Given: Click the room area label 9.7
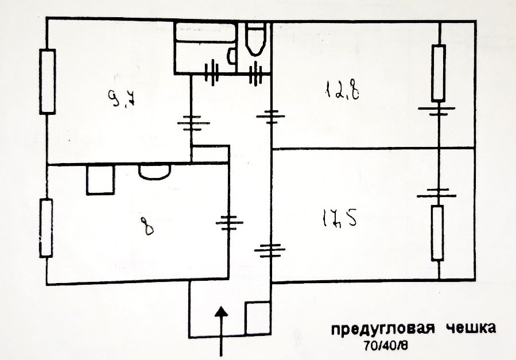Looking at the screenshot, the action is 122,98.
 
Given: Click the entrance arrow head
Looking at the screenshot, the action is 222,312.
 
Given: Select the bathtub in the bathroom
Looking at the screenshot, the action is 205,32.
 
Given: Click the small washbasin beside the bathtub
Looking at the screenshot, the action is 232,56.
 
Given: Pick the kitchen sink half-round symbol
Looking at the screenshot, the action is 154,172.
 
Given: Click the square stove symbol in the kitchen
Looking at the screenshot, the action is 100,180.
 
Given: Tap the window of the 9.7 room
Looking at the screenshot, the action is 48,82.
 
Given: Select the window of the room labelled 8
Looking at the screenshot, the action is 46,228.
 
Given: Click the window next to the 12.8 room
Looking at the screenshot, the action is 439,72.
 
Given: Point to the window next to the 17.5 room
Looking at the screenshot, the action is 438,233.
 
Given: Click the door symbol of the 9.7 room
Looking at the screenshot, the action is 193,123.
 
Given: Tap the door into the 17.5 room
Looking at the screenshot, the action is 270,250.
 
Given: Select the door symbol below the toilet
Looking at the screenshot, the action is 255,73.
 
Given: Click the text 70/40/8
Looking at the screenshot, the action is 385,345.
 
